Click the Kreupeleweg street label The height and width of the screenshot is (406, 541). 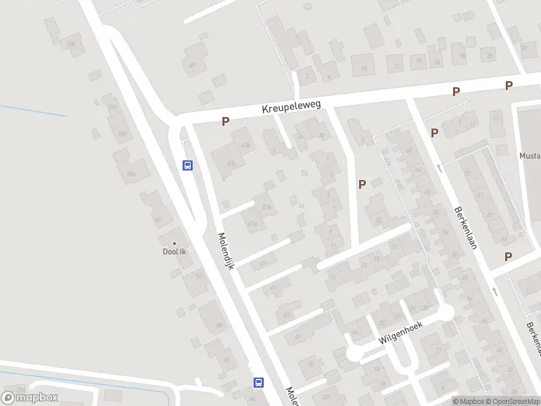[x=291, y=107]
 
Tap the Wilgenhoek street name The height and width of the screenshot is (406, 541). [x=400, y=331]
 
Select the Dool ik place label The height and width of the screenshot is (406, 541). [x=174, y=252]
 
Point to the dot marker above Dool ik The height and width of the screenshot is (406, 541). [x=174, y=244]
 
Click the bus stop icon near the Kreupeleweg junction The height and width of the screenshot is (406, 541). [x=188, y=164]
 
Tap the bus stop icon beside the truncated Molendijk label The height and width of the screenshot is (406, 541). [x=258, y=382]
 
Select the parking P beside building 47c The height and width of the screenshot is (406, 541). [x=225, y=122]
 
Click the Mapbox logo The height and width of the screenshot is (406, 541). [x=30, y=398]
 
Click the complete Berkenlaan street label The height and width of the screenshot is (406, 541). [x=466, y=227]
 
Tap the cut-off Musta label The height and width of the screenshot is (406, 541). [x=530, y=156]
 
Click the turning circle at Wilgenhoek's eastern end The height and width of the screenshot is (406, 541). [x=446, y=313]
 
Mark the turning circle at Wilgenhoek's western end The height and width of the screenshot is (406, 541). [x=354, y=353]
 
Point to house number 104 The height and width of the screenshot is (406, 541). [x=112, y=107]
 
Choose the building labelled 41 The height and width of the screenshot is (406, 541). [x=298, y=336]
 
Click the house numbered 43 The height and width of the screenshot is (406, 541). [x=274, y=288]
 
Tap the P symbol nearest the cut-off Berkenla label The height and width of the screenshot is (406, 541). [x=507, y=256]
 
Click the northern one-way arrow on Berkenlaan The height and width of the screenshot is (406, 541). [x=440, y=166]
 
